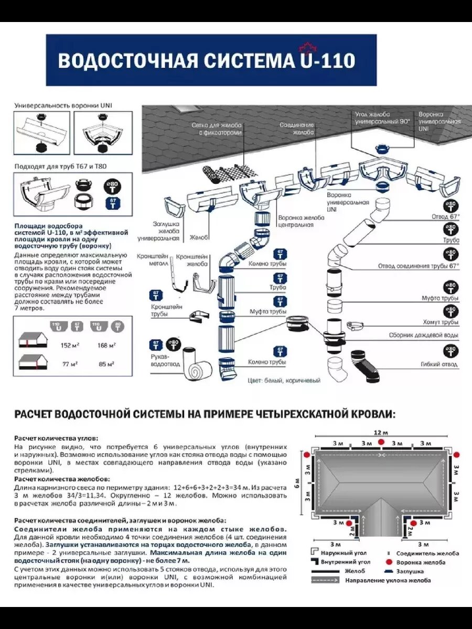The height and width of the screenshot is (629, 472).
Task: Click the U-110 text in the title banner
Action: pos(325,60)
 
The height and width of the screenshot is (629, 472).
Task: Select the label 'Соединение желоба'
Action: pos(297,129)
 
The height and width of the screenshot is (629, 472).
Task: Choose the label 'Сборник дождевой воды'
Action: pos(424,335)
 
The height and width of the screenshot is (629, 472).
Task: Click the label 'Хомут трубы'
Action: pos(440,322)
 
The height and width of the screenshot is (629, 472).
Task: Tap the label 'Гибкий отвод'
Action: pos(439,364)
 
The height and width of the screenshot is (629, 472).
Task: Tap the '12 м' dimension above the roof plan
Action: pos(381,432)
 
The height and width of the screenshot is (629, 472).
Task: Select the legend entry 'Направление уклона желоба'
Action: pos(388,580)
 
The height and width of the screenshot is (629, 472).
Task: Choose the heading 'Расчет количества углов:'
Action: pos(56,437)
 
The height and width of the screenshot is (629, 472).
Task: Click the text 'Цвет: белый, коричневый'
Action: pos(284,381)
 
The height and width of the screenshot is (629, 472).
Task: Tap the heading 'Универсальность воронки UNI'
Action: pos(63,105)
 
